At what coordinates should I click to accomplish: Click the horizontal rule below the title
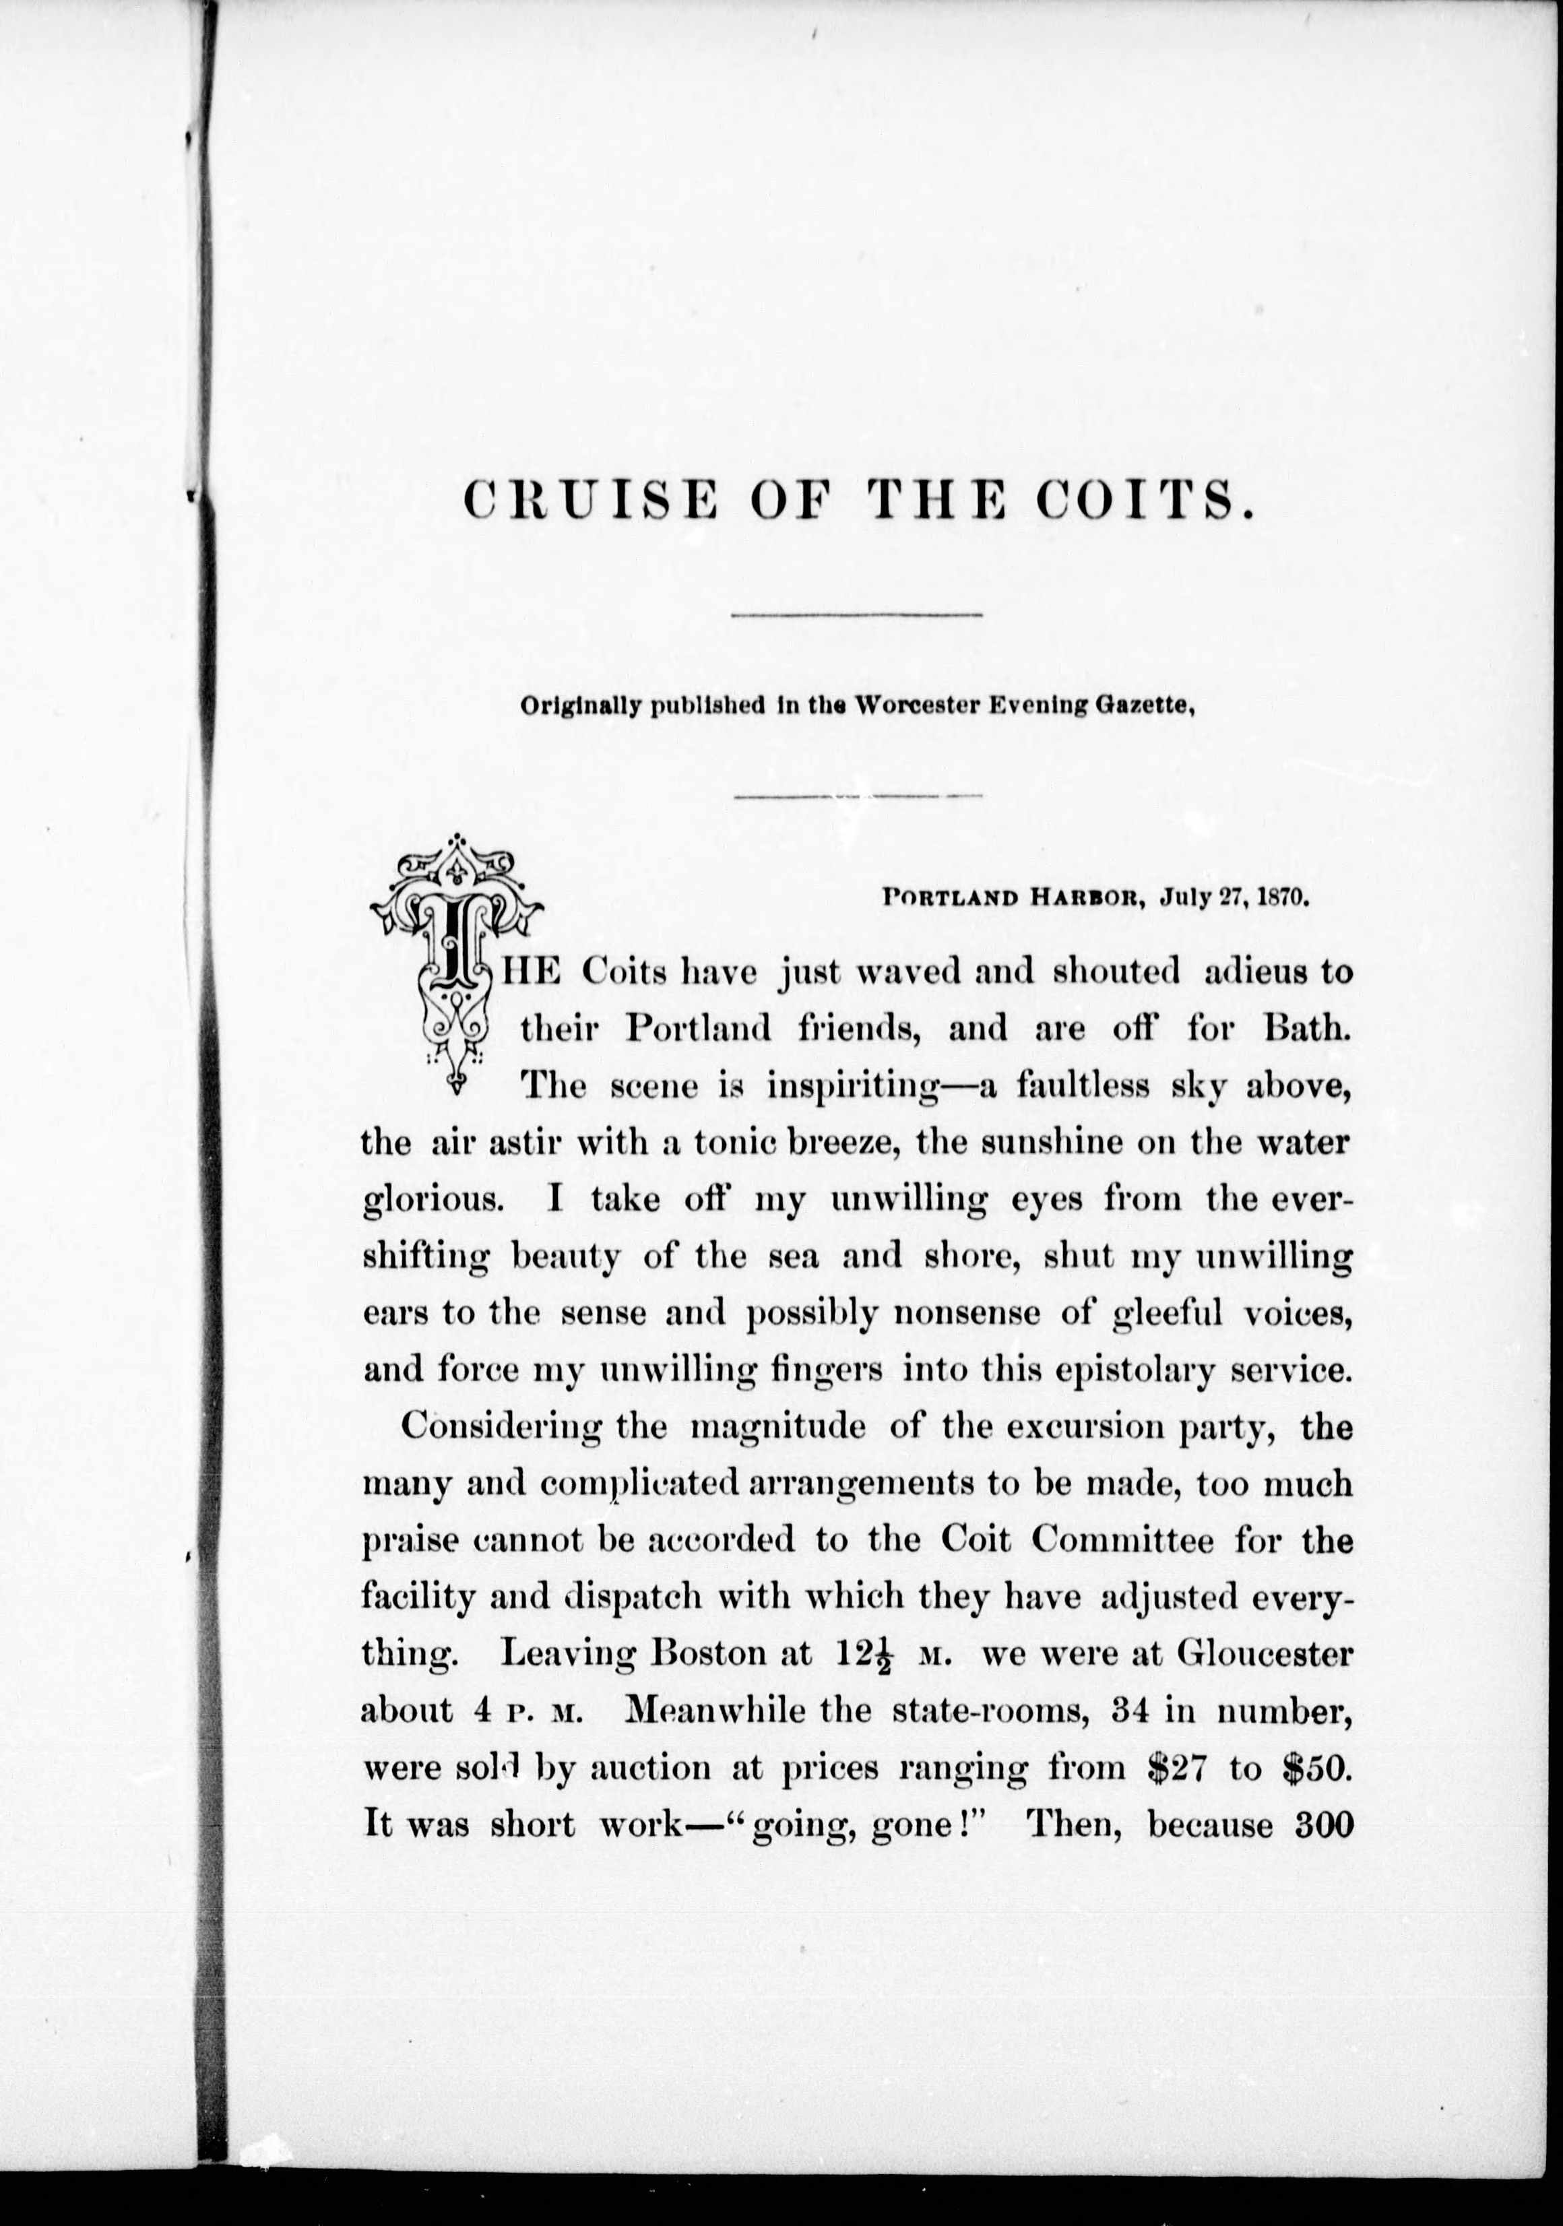(x=857, y=614)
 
